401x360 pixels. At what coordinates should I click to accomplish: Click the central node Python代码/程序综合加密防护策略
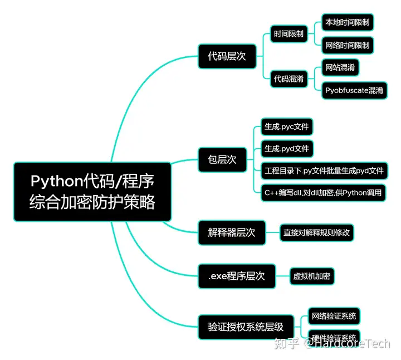click(x=92, y=191)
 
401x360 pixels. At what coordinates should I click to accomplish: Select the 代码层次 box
click(x=223, y=56)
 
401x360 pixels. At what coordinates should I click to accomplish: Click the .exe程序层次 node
click(x=237, y=275)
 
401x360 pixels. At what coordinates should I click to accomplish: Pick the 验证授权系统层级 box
click(x=246, y=327)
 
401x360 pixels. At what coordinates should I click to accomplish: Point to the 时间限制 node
click(x=288, y=34)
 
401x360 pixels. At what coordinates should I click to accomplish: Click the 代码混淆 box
click(x=288, y=79)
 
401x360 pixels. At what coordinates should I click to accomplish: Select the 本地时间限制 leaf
click(x=348, y=22)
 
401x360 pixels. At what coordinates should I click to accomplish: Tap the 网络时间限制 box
click(x=348, y=45)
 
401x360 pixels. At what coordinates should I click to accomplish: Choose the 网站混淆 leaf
click(x=341, y=68)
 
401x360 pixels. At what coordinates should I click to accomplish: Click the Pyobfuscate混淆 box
click(x=355, y=90)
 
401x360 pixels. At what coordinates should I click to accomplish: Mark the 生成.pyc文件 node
click(x=286, y=127)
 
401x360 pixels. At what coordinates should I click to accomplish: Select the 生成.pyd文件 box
click(x=287, y=149)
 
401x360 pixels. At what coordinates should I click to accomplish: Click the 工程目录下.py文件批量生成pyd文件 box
click(x=324, y=171)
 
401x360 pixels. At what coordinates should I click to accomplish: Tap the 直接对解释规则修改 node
click(x=316, y=232)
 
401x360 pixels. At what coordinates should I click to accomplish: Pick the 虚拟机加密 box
click(x=313, y=275)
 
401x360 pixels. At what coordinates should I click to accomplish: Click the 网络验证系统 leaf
click(x=334, y=316)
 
